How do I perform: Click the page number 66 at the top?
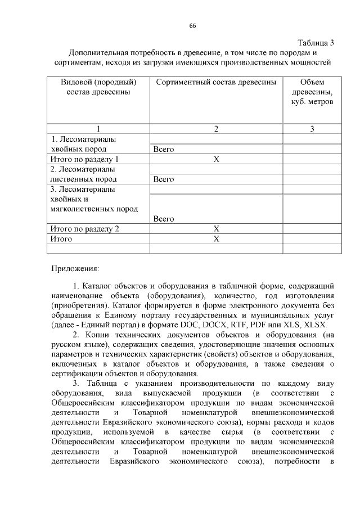pyautogui.click(x=192, y=26)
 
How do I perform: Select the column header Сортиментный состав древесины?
pyautogui.click(x=216, y=82)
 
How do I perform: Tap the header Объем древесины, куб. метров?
pyautogui.click(x=312, y=92)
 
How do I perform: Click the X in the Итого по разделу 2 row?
pyautogui.click(x=216, y=229)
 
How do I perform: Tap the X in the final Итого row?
pyautogui.click(x=216, y=239)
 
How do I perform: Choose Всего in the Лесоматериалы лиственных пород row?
pyautogui.click(x=164, y=179)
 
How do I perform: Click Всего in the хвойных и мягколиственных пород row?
pyautogui.click(x=164, y=219)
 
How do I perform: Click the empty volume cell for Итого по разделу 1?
pyautogui.click(x=312, y=159)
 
